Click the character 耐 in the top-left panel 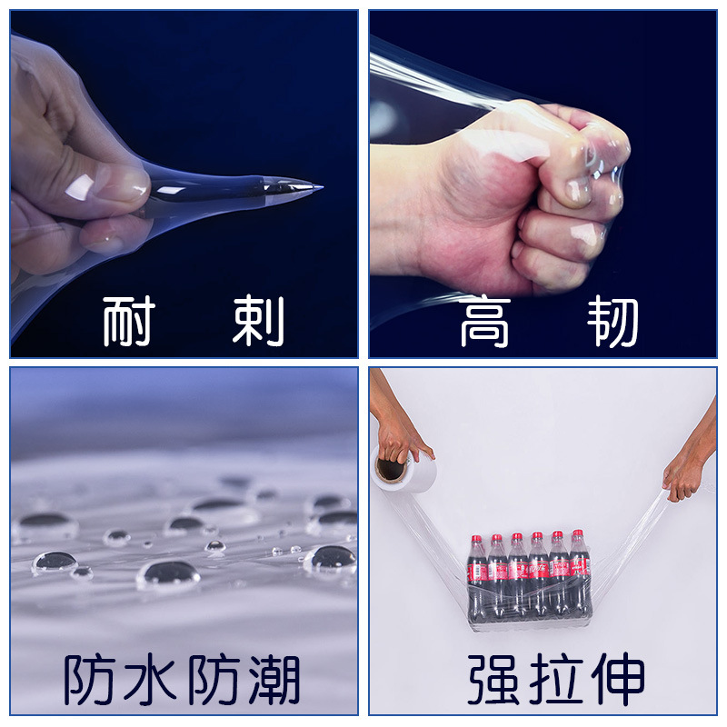click(128, 321)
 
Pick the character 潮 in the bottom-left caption click(270, 679)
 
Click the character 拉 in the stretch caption click(556, 679)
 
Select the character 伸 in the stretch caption click(616, 679)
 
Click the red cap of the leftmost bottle click(475, 540)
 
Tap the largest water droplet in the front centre click(168, 573)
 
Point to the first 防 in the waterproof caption click(92, 679)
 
